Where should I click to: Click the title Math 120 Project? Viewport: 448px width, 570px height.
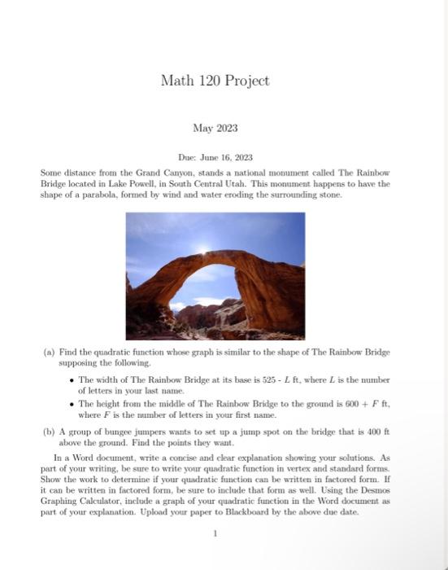click(215, 81)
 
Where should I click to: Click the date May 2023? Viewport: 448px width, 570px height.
click(215, 128)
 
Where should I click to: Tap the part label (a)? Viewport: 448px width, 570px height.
click(49, 353)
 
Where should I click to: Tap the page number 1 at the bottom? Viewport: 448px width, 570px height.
click(215, 534)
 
